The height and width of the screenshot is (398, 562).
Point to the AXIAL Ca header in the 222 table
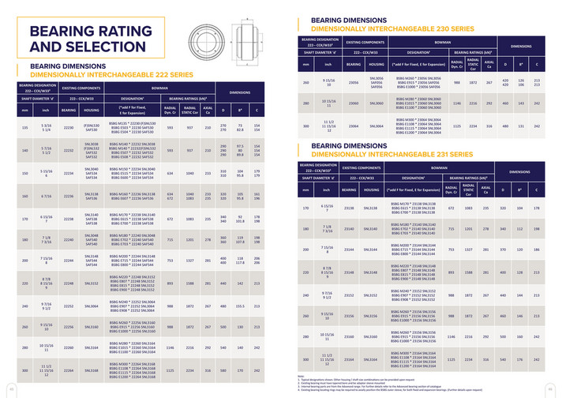[208, 108]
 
